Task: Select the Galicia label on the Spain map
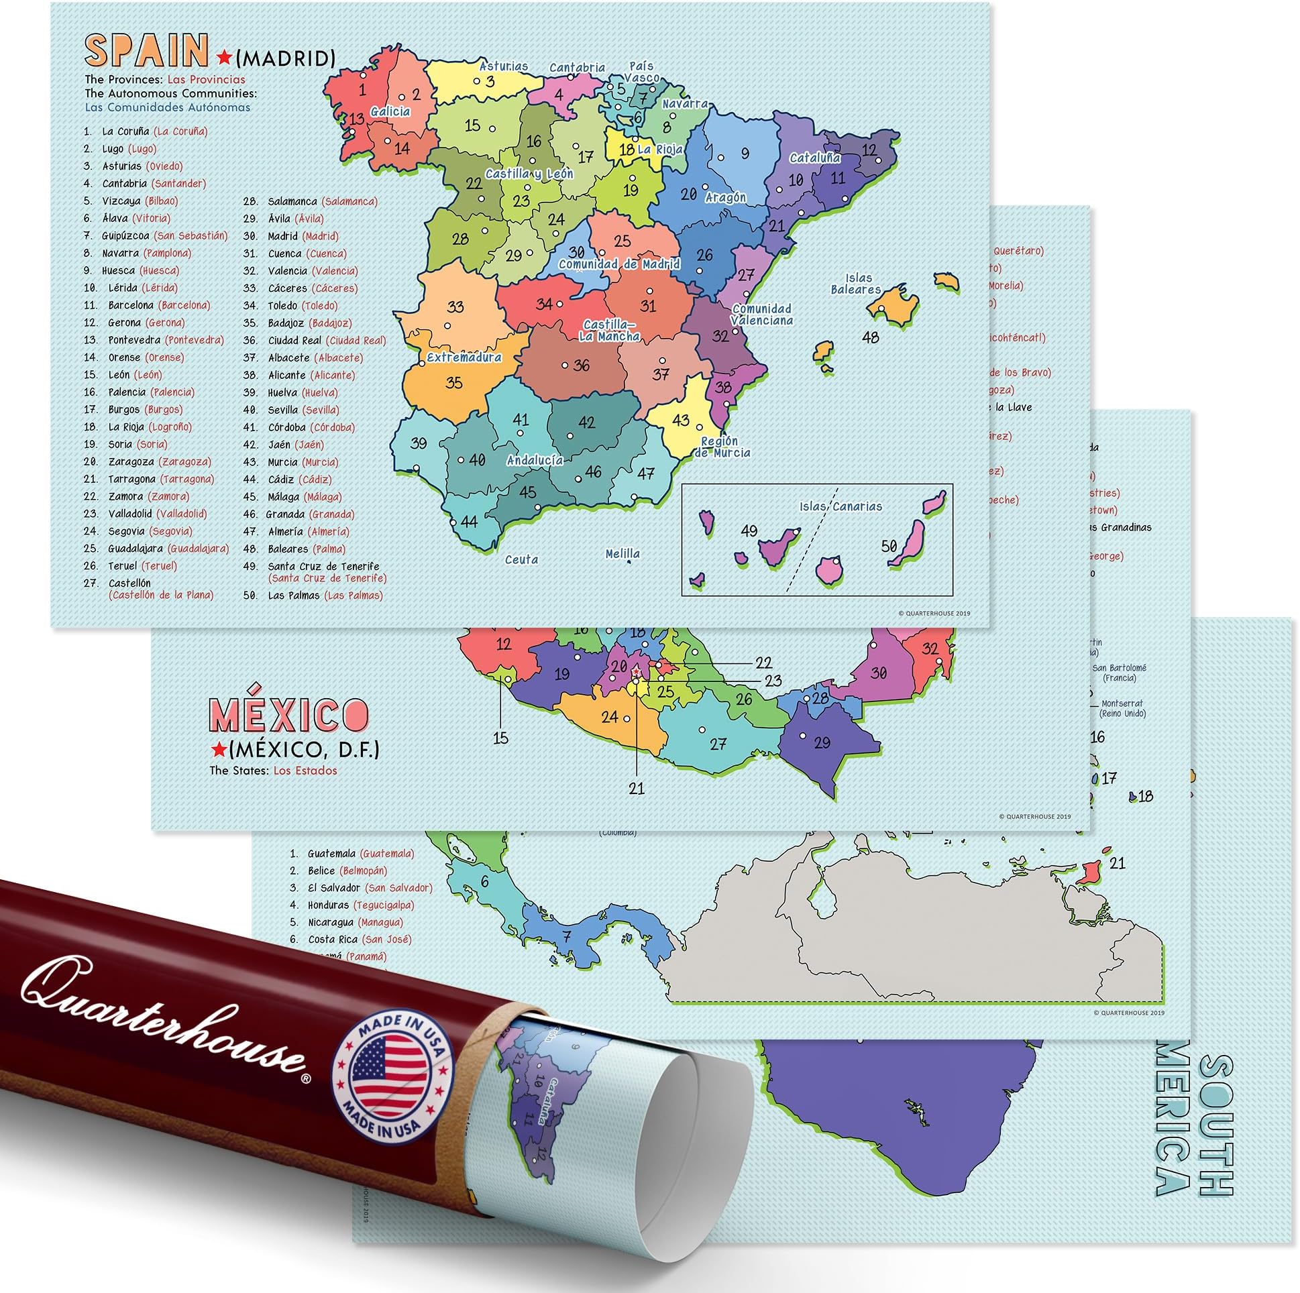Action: (x=390, y=112)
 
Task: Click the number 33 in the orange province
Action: (x=455, y=306)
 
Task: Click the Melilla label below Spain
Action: (x=622, y=554)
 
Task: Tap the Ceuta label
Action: (x=521, y=559)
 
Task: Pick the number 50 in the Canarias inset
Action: (x=889, y=546)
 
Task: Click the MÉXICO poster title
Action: (x=289, y=714)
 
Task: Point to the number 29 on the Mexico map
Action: (x=822, y=743)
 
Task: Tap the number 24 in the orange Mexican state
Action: (x=610, y=717)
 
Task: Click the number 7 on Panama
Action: (x=567, y=936)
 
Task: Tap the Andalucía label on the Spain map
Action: (x=535, y=460)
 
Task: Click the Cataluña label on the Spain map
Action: (x=815, y=158)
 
